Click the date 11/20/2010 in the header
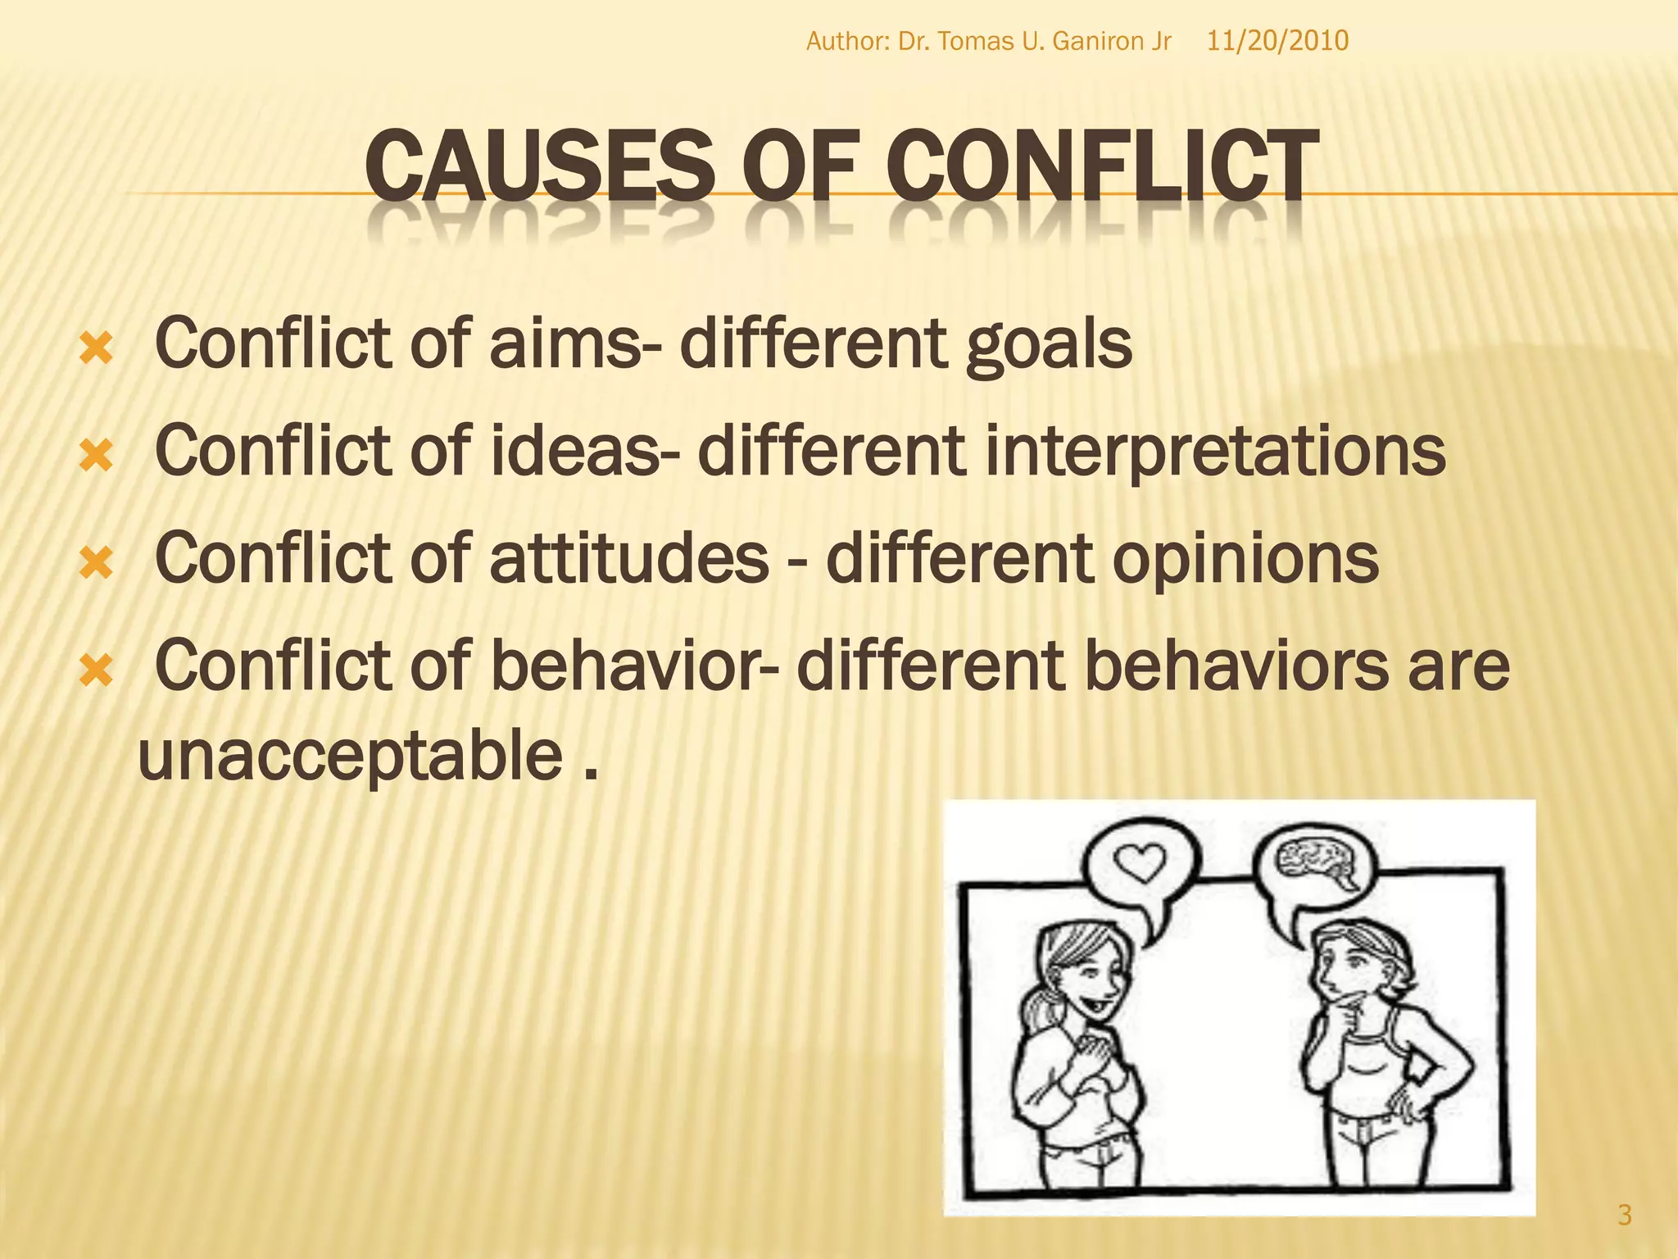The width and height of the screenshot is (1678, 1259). click(x=1277, y=41)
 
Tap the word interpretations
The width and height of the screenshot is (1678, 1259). click(x=1214, y=452)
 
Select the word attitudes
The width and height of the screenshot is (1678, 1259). click(x=628, y=558)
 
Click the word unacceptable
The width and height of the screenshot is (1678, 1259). click(x=351, y=756)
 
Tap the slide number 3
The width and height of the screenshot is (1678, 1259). click(x=1625, y=1214)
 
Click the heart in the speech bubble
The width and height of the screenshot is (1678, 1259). click(x=1141, y=861)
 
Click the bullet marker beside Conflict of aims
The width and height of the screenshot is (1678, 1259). click(x=96, y=352)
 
